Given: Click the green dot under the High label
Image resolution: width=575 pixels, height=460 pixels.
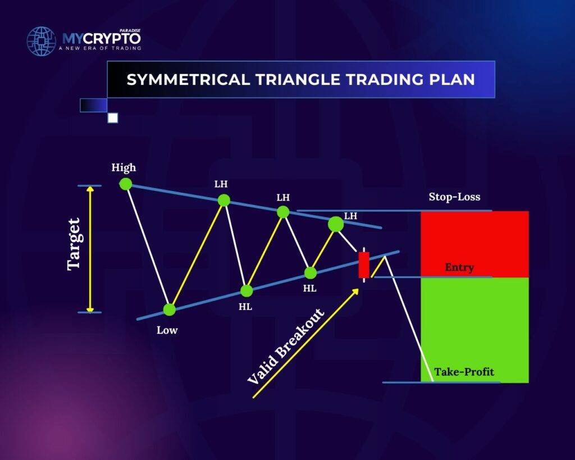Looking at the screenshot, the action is pyautogui.click(x=126, y=184).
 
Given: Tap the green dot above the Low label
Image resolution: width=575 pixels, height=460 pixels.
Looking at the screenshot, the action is pyautogui.click(x=170, y=309).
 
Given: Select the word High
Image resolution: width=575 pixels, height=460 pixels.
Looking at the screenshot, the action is pyautogui.click(x=124, y=167).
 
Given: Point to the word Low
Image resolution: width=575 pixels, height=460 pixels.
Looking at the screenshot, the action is pyautogui.click(x=167, y=330).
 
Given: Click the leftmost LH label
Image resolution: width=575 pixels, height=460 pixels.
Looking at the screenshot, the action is pyautogui.click(x=221, y=184).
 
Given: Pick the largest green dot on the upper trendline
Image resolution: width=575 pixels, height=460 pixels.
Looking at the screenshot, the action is pyautogui.click(x=336, y=224).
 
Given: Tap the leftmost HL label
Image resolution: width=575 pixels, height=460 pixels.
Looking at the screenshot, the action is pyautogui.click(x=245, y=307).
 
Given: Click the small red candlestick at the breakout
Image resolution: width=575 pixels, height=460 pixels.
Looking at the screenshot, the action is pyautogui.click(x=364, y=265).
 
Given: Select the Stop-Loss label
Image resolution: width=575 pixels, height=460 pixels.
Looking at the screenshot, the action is pyautogui.click(x=454, y=197).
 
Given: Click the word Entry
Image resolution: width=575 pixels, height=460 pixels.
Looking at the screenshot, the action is pyautogui.click(x=459, y=267).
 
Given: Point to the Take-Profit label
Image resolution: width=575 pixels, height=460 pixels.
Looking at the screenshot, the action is pyautogui.click(x=464, y=372).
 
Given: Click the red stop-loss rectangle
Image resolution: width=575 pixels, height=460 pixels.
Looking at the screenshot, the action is pyautogui.click(x=474, y=244).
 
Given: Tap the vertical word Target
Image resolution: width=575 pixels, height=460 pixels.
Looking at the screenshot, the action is pyautogui.click(x=74, y=244).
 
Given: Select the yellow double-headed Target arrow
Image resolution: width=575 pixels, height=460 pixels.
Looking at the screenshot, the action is pyautogui.click(x=90, y=249).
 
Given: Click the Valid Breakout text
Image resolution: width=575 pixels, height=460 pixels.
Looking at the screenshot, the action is pyautogui.click(x=286, y=346).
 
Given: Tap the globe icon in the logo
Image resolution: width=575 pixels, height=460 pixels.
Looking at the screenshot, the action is pyautogui.click(x=42, y=41).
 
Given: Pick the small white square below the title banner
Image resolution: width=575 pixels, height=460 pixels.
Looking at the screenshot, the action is pyautogui.click(x=113, y=118).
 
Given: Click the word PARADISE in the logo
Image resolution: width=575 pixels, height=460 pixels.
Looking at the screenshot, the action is pyautogui.click(x=130, y=31).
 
